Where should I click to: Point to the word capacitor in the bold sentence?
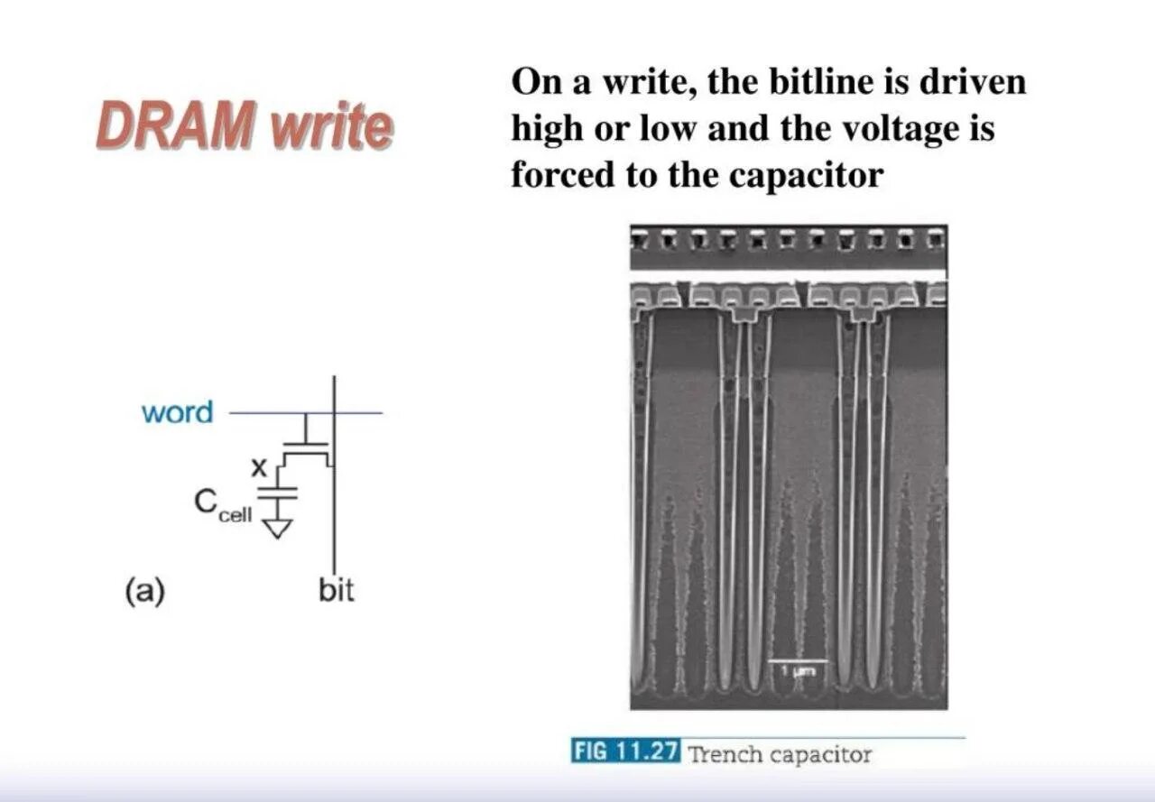pos(805,174)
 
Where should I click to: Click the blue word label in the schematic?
pos(177,412)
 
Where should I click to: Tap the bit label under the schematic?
pos(337,591)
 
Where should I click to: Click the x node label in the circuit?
pos(259,467)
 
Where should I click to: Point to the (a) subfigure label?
pos(144,592)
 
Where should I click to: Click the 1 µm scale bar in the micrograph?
pos(798,666)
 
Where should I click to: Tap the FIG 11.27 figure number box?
pos(624,751)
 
